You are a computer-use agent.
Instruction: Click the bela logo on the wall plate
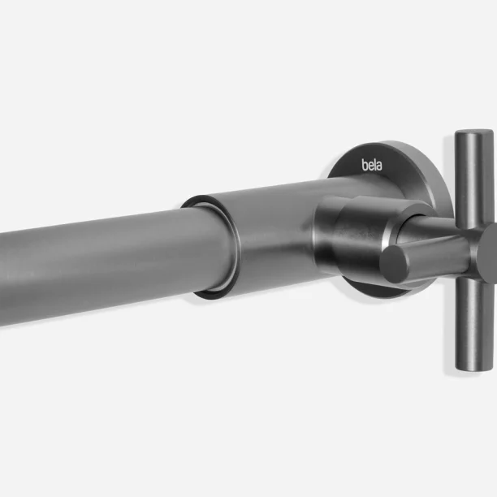[x=372, y=165]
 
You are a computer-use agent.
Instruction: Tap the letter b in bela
[x=365, y=165]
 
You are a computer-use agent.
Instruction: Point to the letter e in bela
[x=370, y=166]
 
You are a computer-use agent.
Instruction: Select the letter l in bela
[x=375, y=165]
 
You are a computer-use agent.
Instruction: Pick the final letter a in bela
[x=379, y=166]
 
